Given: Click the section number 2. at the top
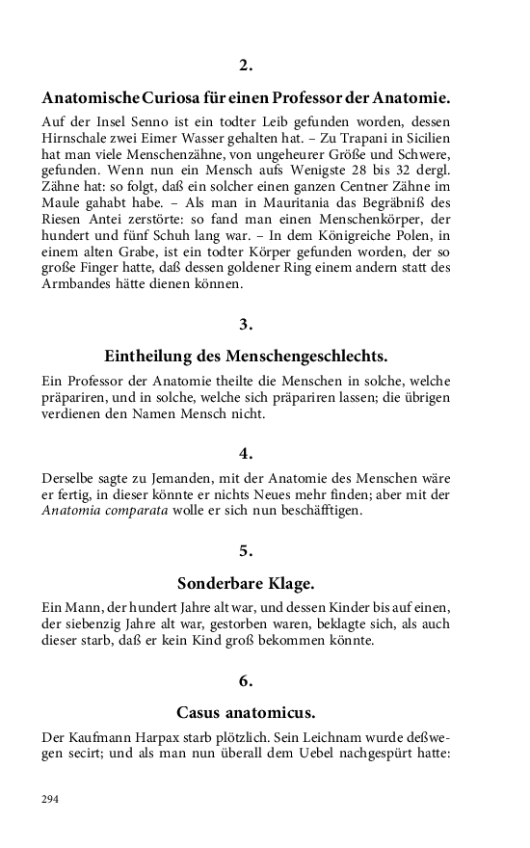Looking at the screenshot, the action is tap(246, 66).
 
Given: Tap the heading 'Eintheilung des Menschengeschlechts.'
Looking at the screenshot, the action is tap(246, 355).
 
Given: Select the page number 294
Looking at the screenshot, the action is tap(50, 798).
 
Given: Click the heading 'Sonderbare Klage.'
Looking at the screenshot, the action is tap(246, 583).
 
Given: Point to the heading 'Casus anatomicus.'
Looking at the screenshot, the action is tap(246, 713).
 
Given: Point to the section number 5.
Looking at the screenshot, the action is tap(246, 550).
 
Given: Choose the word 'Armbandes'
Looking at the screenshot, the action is tap(81, 284).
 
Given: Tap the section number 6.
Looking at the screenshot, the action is tap(246, 680).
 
